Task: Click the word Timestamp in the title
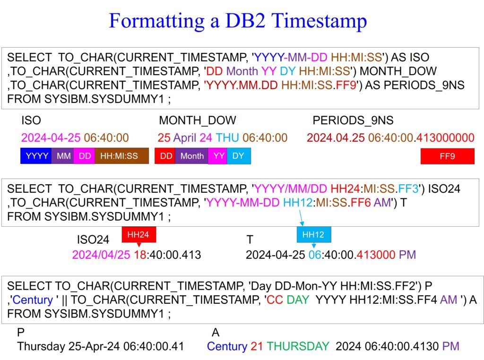319,21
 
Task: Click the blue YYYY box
36,156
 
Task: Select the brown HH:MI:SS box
121,156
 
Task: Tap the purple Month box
192,156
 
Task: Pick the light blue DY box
239,156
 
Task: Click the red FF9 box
447,156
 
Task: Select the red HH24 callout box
138,235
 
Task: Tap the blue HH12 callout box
314,235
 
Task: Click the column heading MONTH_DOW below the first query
198,120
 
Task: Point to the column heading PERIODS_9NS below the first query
353,120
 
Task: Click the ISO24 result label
93,240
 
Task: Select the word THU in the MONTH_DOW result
227,137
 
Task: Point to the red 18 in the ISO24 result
140,255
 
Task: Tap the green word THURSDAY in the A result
298,346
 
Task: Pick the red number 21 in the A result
257,346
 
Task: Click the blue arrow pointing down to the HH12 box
301,218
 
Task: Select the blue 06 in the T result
315,255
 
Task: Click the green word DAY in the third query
298,300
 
